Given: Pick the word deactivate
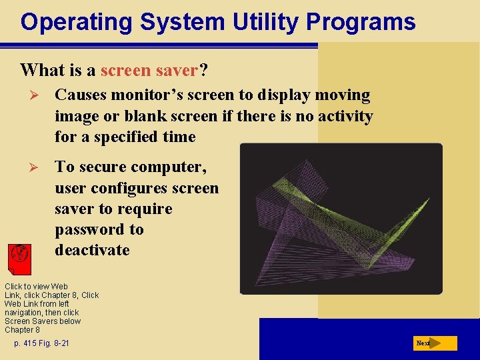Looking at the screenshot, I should click(93, 250).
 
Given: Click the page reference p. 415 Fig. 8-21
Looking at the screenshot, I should click(41, 343).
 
